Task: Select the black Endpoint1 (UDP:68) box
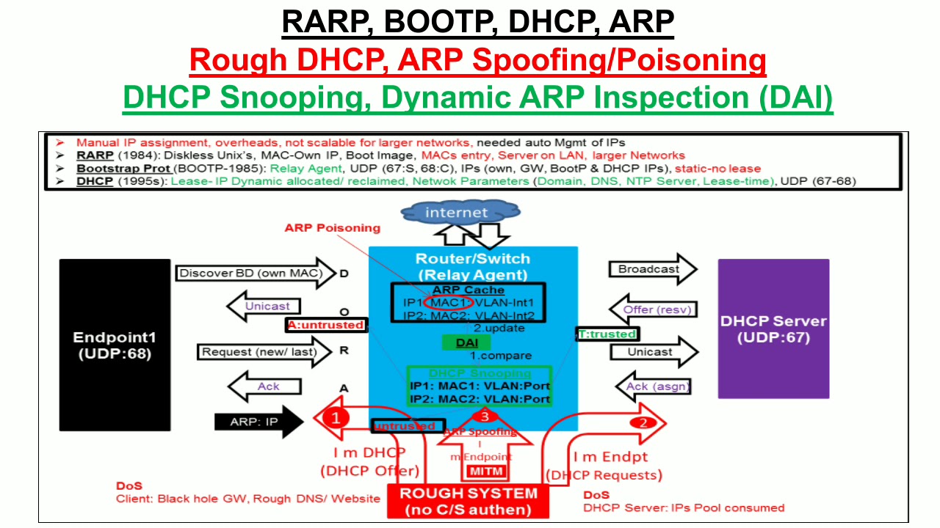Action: point(115,345)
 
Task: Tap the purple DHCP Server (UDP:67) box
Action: point(773,329)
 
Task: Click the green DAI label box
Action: point(466,342)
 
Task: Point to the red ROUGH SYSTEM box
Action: point(468,502)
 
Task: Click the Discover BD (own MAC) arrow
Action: point(254,274)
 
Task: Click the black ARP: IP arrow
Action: point(258,422)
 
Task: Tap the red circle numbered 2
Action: point(643,422)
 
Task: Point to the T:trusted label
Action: point(607,334)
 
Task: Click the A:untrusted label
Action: point(326,325)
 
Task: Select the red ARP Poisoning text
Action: point(333,228)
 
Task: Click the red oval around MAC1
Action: point(448,302)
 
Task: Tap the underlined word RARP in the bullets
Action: point(95,155)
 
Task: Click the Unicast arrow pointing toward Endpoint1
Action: point(263,307)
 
